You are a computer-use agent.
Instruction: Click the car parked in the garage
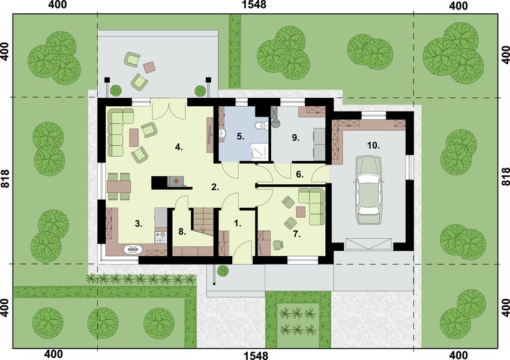coord(367,190)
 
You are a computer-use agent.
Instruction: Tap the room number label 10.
coord(373,145)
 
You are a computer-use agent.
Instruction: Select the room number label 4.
coord(178,146)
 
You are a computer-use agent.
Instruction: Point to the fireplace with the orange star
coord(176,180)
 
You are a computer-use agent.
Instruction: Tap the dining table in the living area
coord(119,186)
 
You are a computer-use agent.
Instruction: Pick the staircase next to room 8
coord(203,220)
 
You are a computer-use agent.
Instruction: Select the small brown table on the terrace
coord(150,65)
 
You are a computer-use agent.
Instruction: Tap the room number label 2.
coord(214,187)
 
